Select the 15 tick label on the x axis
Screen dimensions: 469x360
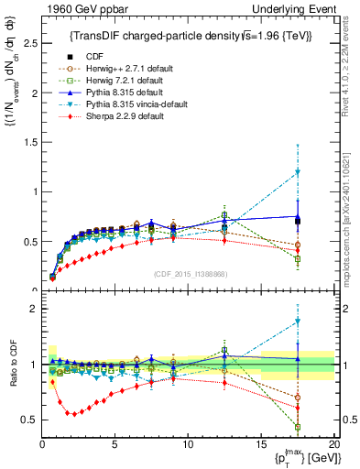[x=260, y=444]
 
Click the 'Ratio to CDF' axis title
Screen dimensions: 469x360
[x=12, y=365]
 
